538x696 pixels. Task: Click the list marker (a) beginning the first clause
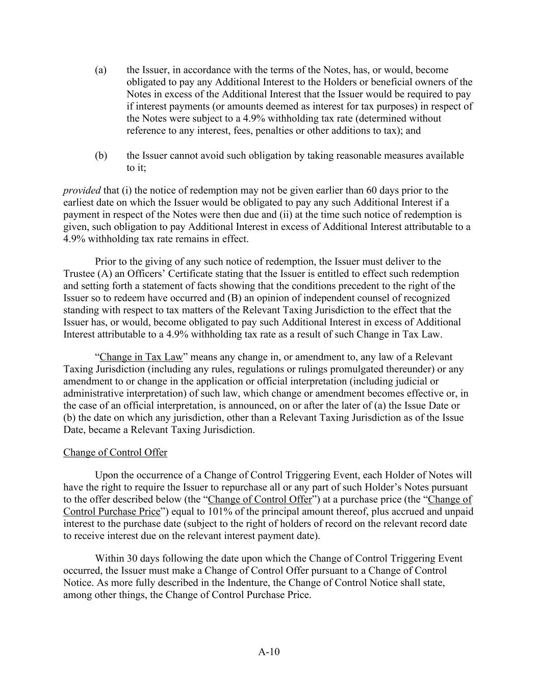tap(100, 70)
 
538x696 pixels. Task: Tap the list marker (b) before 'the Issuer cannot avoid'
tap(100, 156)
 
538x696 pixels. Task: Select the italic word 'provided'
tap(82, 191)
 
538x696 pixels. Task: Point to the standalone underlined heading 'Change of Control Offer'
tap(115, 452)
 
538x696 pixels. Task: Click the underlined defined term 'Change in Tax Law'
tap(141, 357)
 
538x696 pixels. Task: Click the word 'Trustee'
tap(79, 274)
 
